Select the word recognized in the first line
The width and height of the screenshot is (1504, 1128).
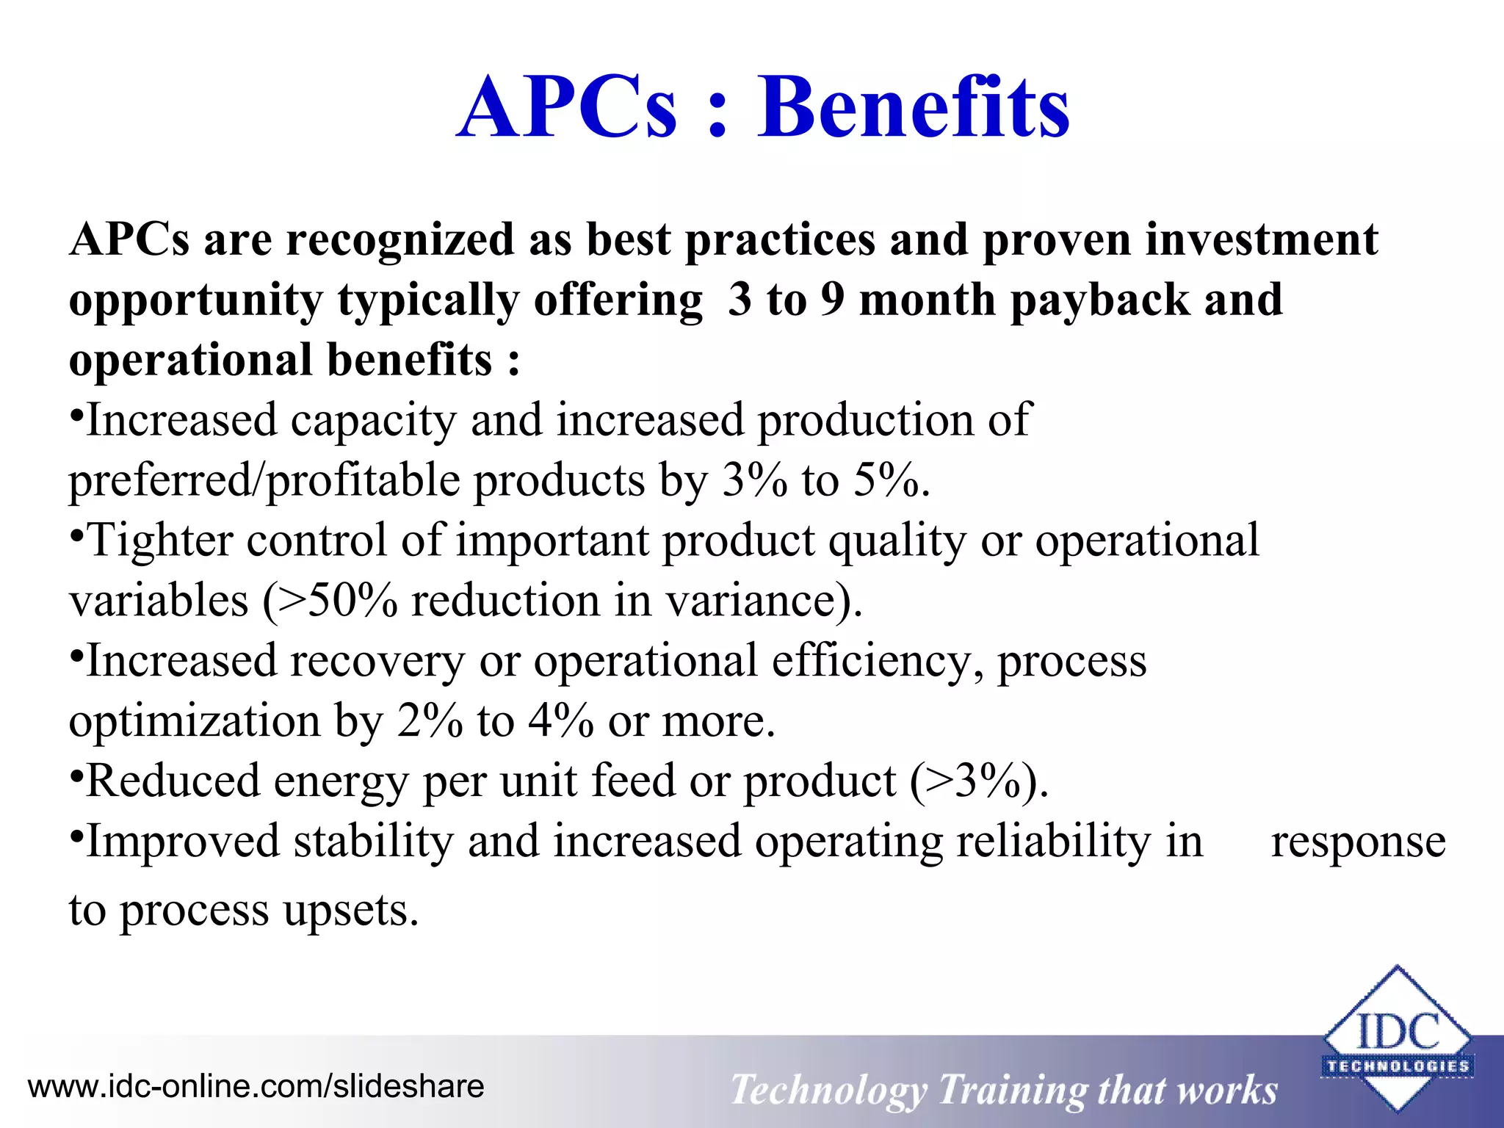400,241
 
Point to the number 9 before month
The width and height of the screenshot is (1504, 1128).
832,300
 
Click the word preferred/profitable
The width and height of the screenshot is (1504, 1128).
264,482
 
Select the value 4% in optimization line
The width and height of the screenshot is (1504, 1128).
560,721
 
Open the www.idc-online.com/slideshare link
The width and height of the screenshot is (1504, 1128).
256,1086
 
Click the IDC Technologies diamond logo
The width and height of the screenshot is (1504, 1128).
1396,1037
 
